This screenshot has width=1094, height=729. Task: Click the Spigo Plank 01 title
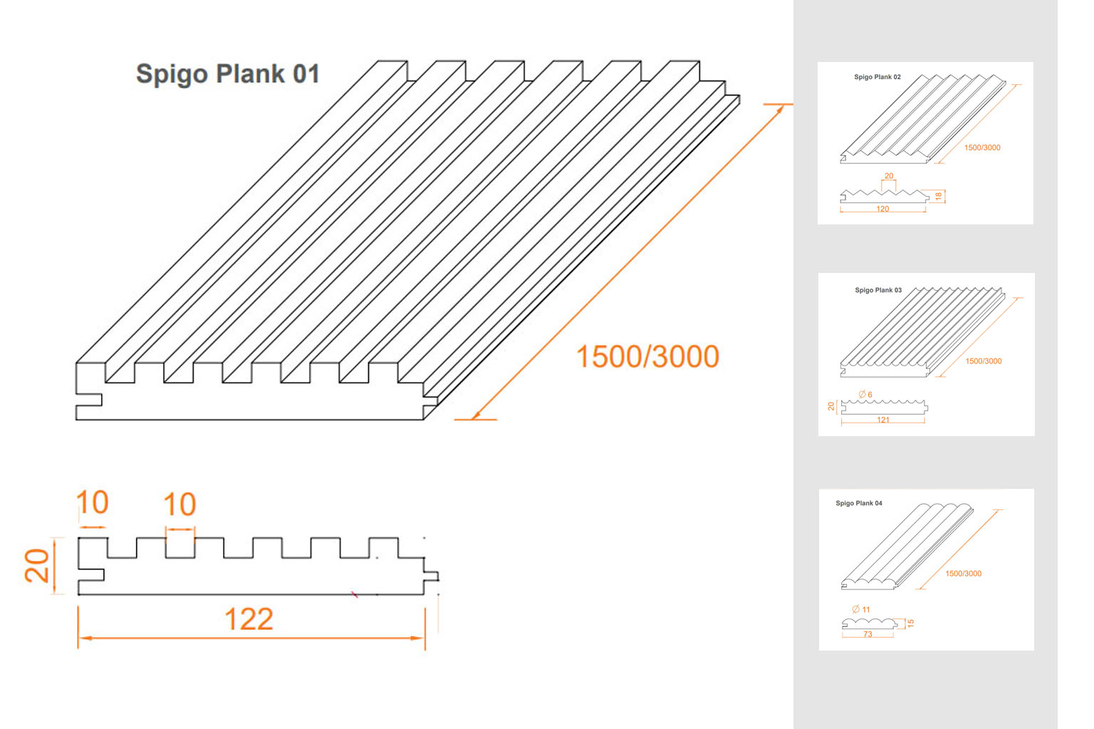(x=227, y=74)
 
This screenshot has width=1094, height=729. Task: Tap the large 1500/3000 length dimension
(x=647, y=357)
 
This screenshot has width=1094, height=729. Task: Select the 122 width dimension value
(x=249, y=619)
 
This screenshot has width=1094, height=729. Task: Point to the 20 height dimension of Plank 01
(x=37, y=566)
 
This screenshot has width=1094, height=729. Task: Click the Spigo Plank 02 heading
(x=877, y=77)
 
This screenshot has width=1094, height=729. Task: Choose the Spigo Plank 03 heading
(x=877, y=290)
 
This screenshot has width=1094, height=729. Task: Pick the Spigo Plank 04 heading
(x=858, y=503)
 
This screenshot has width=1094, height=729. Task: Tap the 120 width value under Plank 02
(x=882, y=209)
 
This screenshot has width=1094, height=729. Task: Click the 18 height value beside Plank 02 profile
(x=939, y=196)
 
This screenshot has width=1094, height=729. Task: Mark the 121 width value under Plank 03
(x=883, y=420)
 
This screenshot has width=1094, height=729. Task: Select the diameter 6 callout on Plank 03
(x=865, y=395)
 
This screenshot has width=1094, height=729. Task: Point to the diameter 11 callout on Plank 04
(x=861, y=609)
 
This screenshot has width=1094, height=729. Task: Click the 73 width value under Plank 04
(x=868, y=634)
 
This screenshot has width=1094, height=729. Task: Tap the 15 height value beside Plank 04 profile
(x=910, y=623)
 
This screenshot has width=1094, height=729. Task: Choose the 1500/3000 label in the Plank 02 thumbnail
(x=981, y=148)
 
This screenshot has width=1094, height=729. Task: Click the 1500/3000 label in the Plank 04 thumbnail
(x=963, y=574)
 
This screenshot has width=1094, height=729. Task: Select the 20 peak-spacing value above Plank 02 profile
(x=888, y=176)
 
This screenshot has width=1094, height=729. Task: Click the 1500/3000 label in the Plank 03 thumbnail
(x=983, y=361)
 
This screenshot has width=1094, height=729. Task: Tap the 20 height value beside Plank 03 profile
(x=831, y=406)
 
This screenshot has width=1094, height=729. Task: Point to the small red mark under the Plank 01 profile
(x=355, y=594)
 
